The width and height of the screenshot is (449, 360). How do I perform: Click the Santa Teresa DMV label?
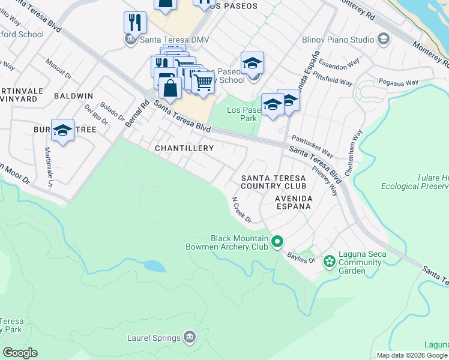click(166, 39)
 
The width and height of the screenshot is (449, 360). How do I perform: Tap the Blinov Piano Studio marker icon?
click(384, 40)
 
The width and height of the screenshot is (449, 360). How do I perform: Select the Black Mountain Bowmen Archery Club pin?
click(277, 242)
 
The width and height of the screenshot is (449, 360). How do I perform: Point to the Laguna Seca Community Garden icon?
click(329, 261)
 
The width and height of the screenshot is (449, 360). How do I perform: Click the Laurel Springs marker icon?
click(190, 338)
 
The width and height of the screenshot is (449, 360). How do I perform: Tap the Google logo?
click(20, 353)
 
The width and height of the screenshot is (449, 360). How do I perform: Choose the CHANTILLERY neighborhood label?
click(184, 148)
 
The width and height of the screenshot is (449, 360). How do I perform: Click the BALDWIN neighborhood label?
click(73, 96)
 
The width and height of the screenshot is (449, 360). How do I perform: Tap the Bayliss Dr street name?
click(304, 257)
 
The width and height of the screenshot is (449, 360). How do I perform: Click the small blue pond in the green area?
click(154, 266)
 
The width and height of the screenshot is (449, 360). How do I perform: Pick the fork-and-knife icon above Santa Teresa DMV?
click(135, 23)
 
